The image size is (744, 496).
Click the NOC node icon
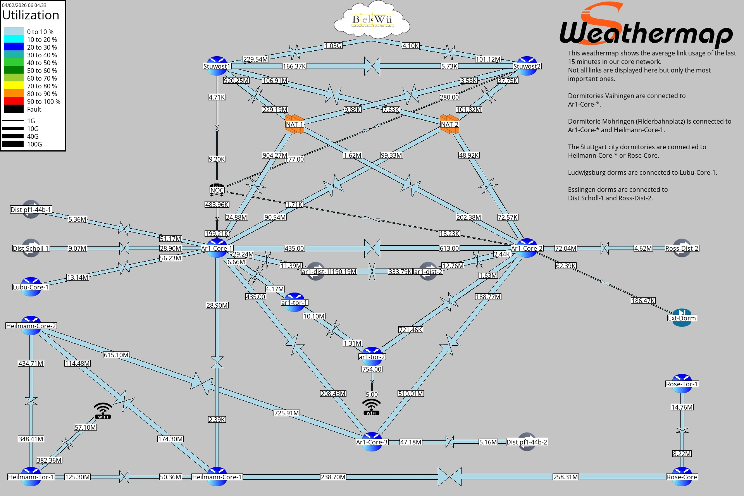(x=217, y=189)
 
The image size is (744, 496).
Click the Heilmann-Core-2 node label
(x=31, y=326)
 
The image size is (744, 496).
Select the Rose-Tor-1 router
(x=682, y=384)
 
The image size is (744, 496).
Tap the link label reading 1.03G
(x=333, y=46)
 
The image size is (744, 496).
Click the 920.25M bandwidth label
(x=236, y=81)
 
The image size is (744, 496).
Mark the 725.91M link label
(x=286, y=413)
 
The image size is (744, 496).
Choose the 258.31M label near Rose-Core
(x=566, y=477)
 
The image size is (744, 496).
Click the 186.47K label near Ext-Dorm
(x=643, y=301)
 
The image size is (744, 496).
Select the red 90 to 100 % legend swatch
(x=14, y=102)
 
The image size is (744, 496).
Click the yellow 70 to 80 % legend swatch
(x=14, y=86)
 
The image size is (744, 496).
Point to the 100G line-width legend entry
(x=13, y=144)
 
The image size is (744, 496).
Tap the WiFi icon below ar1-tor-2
(x=372, y=407)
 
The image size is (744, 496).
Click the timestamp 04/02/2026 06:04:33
(x=24, y=5)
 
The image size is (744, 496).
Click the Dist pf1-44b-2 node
(x=527, y=442)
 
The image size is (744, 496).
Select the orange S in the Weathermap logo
(x=603, y=15)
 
